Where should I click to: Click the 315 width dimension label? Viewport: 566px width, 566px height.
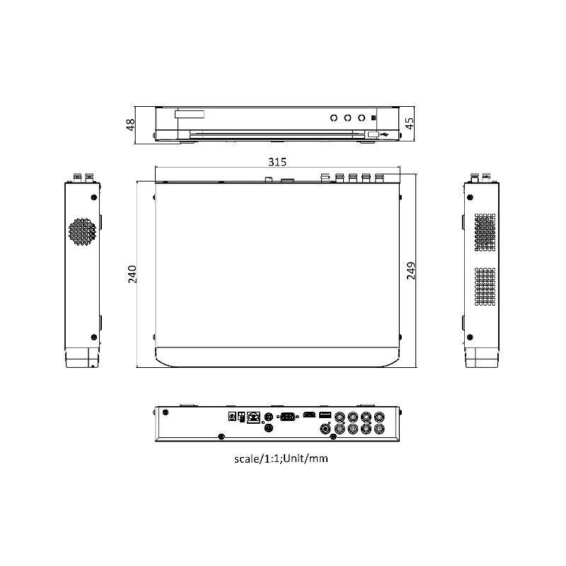pos(277,162)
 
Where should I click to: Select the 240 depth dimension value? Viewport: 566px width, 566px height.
pos(132,274)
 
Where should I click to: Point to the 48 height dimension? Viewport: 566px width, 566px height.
pos(131,125)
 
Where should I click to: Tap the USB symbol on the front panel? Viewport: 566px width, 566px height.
pos(384,133)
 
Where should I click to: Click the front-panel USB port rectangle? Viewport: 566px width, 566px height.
pos(372,133)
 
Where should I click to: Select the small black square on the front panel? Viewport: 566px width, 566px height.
pos(374,118)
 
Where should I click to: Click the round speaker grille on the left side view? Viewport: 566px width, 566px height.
pos(81,232)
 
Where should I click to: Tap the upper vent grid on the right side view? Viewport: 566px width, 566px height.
pos(484,232)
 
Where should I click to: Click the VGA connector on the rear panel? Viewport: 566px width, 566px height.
pos(287,417)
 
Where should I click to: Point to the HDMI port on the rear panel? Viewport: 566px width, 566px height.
pos(308,415)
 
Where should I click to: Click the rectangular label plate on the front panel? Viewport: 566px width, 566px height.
pos(190,113)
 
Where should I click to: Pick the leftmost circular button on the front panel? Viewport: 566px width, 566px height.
pos(332,118)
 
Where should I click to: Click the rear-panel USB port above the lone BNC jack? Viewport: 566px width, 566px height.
pos(325,415)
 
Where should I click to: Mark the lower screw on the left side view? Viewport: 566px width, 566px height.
pos(93,336)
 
